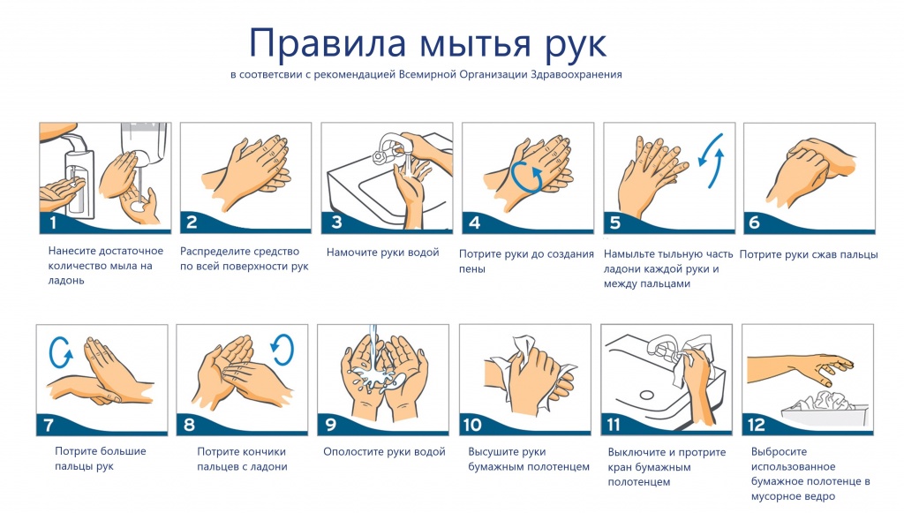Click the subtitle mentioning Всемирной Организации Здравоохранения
[426, 75]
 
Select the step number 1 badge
[52, 223]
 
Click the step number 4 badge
[475, 223]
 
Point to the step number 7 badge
[49, 425]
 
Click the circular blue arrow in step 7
[61, 352]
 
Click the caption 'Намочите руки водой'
[382, 253]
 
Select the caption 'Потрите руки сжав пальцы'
[808, 254]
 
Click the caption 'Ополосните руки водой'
[384, 452]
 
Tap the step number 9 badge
[331, 425]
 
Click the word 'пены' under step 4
[471, 269]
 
